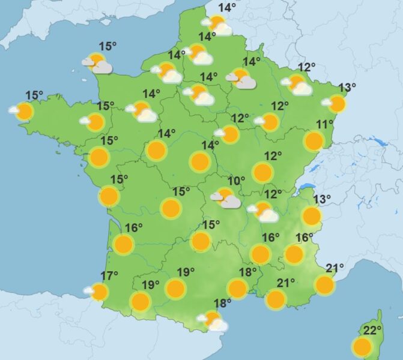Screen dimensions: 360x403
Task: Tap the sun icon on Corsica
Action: click(x=362, y=347)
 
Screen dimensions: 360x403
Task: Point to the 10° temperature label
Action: click(x=236, y=180)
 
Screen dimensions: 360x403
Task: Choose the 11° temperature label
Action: click(x=325, y=124)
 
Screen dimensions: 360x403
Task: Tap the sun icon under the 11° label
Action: click(x=314, y=141)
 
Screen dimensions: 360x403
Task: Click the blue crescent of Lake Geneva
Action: click(x=306, y=187)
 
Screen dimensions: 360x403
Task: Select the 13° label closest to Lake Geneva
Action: click(x=322, y=199)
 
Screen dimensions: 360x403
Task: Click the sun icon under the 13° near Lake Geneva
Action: click(x=311, y=215)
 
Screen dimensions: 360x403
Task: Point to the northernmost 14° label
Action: click(x=227, y=8)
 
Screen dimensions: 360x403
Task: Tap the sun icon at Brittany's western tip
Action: click(x=24, y=111)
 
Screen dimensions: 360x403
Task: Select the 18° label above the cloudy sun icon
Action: click(x=222, y=303)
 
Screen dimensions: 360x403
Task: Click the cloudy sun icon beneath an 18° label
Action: click(x=213, y=320)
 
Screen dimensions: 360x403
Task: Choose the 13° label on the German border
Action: click(x=347, y=88)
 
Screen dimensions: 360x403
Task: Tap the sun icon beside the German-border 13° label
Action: click(x=337, y=104)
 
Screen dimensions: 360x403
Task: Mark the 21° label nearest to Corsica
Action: click(x=335, y=268)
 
